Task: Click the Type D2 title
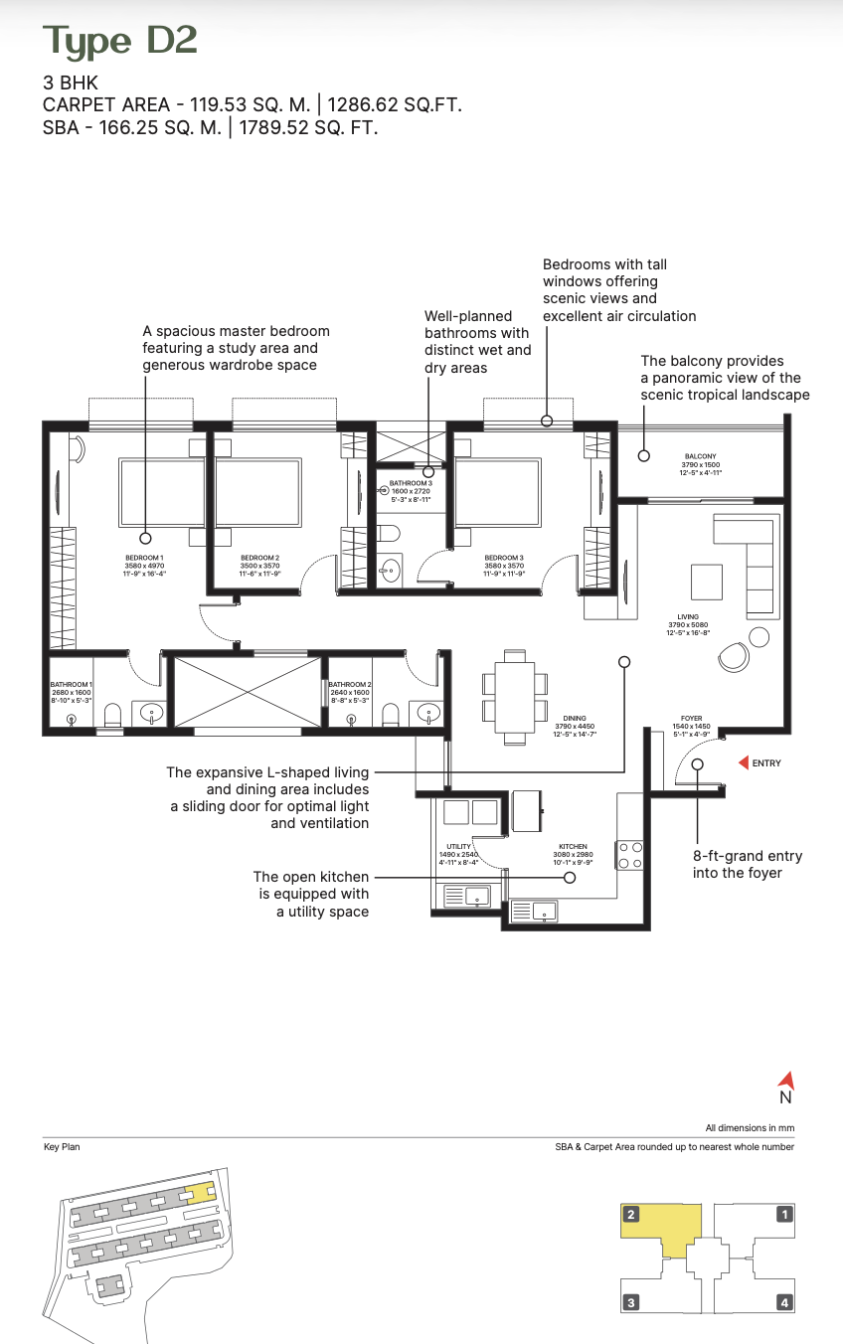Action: click(x=119, y=41)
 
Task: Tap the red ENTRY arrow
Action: click(x=742, y=763)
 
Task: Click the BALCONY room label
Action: click(x=700, y=456)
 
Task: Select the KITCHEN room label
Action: click(x=573, y=847)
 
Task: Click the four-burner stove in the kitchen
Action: click(x=630, y=855)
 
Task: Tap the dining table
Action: click(x=514, y=696)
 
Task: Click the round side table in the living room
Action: click(x=760, y=636)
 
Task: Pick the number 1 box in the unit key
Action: click(x=784, y=1214)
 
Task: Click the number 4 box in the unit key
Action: click(x=784, y=1302)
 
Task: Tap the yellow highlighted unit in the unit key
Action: click(x=661, y=1225)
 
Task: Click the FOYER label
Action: click(x=692, y=718)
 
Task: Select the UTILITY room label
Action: click(x=458, y=847)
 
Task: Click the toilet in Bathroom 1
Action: click(x=112, y=715)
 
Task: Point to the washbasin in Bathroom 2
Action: click(x=428, y=712)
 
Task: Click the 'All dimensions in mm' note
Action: click(x=750, y=1128)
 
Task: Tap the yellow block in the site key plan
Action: click(x=201, y=1192)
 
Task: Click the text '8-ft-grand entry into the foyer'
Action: click(x=748, y=864)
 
